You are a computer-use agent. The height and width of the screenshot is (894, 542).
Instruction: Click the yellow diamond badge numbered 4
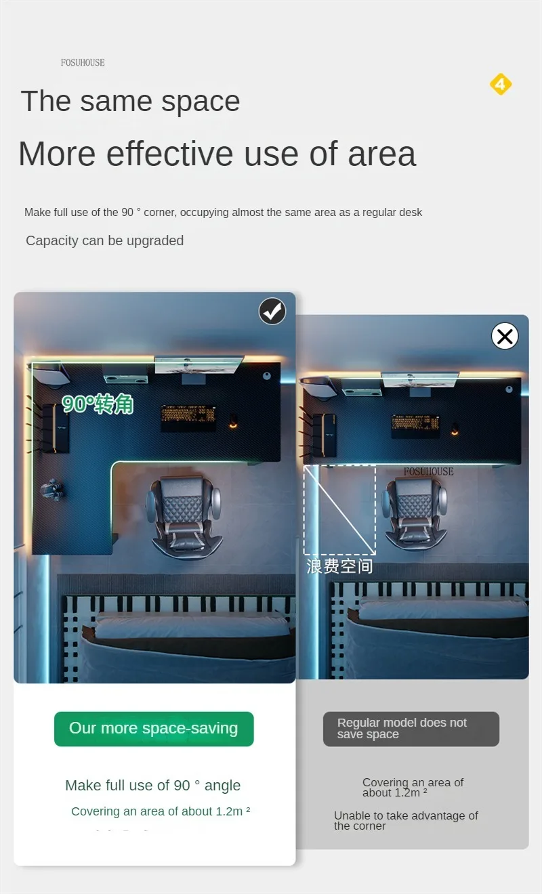[501, 84]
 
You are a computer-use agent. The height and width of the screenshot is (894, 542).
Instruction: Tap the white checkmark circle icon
[272, 312]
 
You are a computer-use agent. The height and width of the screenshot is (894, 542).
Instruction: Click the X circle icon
[505, 336]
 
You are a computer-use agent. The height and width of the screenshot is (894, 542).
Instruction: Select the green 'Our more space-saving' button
[154, 728]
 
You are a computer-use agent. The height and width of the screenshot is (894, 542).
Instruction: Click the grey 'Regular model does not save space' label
[411, 728]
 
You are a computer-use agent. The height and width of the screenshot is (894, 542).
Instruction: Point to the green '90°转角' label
[98, 404]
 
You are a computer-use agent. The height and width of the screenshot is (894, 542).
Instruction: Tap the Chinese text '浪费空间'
[339, 566]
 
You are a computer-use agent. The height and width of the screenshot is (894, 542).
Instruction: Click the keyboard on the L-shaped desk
[188, 413]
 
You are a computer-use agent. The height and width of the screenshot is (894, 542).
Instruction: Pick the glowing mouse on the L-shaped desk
[233, 422]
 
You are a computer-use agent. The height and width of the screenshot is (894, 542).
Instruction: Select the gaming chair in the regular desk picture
[415, 513]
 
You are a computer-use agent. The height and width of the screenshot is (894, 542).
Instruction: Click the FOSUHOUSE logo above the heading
[83, 63]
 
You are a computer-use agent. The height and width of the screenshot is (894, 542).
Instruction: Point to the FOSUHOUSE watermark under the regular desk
[428, 471]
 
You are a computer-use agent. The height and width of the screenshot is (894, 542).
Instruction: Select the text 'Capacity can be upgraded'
[104, 240]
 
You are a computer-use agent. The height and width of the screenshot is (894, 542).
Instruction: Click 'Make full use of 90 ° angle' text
[153, 785]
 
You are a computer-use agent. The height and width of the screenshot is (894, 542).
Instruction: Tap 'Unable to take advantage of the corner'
[406, 821]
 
